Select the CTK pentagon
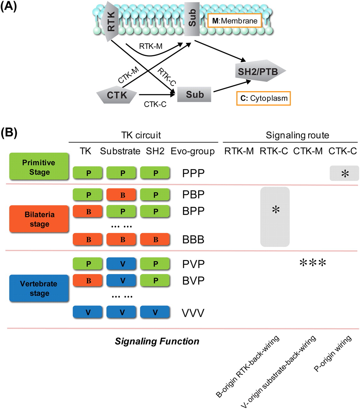point(117,95)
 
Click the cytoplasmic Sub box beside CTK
point(194,95)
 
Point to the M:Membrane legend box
point(235,21)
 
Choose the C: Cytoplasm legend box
point(264,98)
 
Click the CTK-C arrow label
point(155,104)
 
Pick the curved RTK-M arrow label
point(151,46)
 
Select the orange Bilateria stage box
point(39,219)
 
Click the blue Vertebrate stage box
point(39,288)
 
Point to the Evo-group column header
point(192,151)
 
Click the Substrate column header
point(120,151)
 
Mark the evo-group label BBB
point(193,240)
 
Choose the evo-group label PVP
point(193,264)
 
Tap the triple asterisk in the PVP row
point(313,263)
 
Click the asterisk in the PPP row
point(345,174)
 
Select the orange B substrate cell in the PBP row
point(123,195)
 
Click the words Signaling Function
point(157,341)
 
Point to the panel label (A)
point(8,6)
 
